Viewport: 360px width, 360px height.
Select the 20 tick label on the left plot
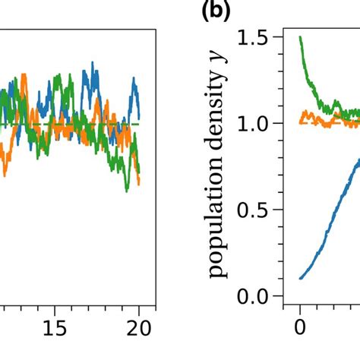pos(140,327)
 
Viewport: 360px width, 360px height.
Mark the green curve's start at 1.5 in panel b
pos(300,37)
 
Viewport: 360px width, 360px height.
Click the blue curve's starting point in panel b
pos(301,278)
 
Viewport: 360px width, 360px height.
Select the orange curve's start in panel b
pos(301,121)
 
